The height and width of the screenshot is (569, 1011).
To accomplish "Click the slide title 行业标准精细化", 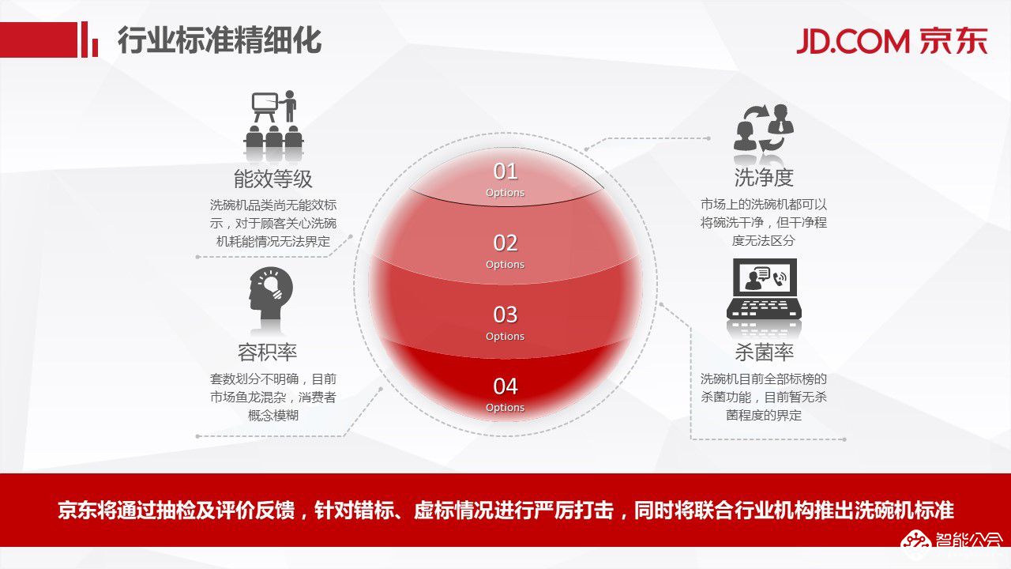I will [220, 40].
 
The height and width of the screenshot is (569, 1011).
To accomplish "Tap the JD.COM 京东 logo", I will [892, 40].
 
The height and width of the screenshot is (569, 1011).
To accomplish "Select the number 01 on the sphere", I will [505, 171].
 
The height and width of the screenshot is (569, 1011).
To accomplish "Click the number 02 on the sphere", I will [505, 243].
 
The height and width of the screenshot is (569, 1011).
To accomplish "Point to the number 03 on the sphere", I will [505, 315].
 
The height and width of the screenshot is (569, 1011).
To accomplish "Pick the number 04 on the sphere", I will [505, 386].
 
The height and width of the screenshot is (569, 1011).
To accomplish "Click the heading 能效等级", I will [273, 178].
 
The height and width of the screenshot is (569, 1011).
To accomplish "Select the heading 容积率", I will [267, 352].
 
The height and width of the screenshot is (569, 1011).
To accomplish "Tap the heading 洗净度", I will [764, 177].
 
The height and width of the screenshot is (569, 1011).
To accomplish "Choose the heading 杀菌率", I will [764, 352].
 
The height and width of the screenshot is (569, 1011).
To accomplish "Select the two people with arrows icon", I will [764, 128].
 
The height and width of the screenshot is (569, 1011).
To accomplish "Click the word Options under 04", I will [505, 408].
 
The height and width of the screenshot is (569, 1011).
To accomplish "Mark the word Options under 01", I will [505, 193].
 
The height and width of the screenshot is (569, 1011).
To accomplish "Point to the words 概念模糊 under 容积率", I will [273, 416].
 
